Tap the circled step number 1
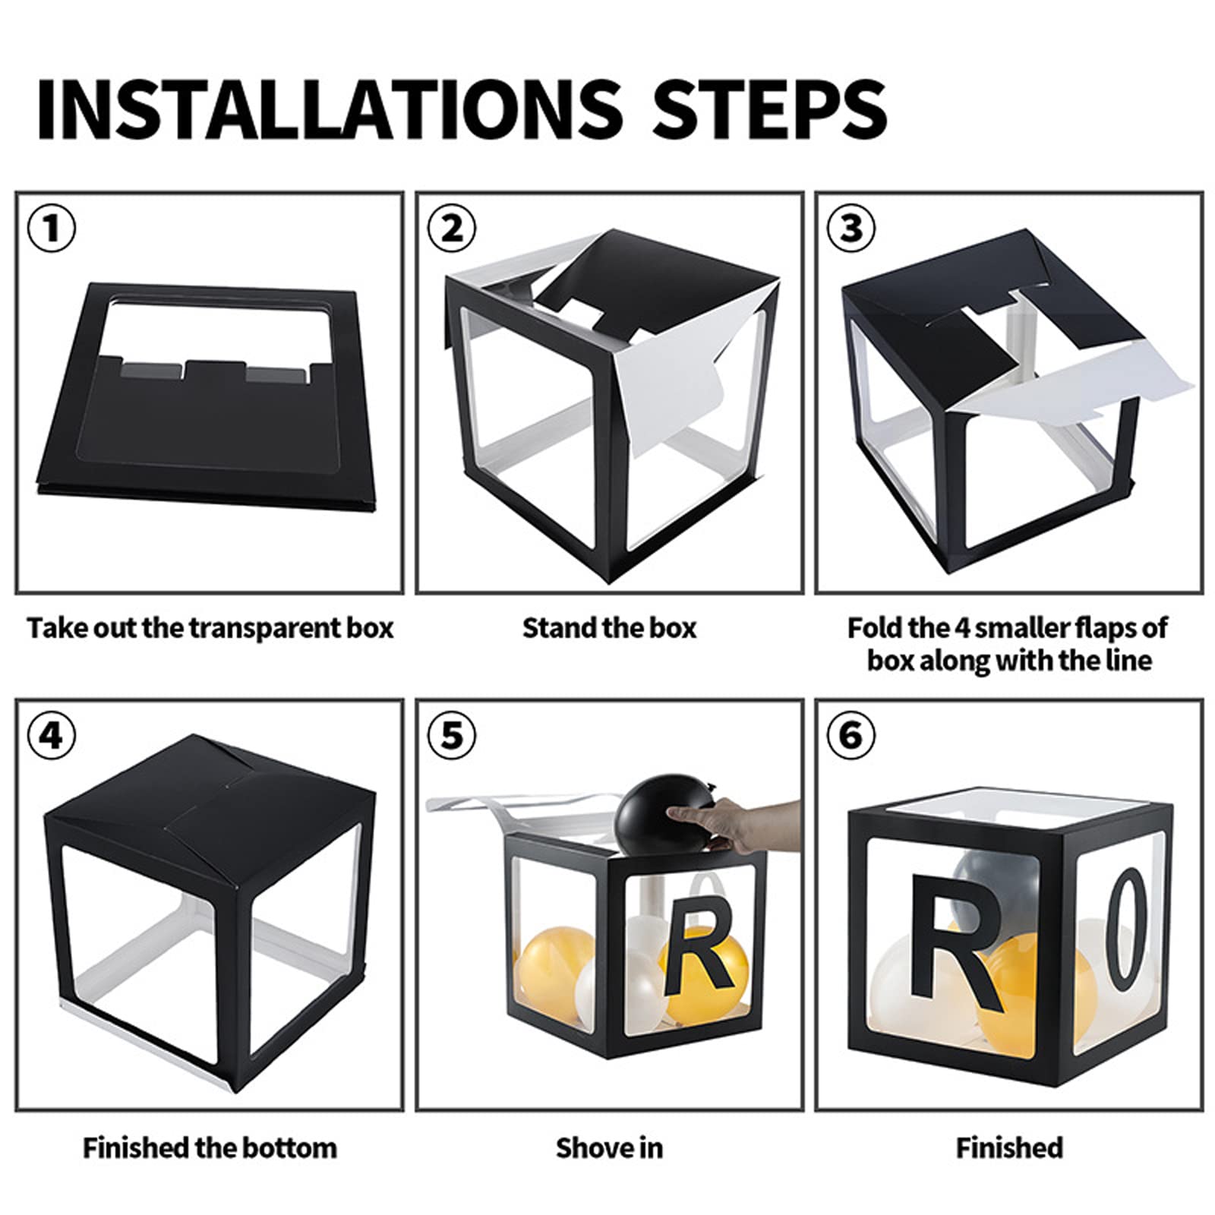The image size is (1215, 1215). point(52,228)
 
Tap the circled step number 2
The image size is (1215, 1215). point(452,228)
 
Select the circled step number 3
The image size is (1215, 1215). point(851,228)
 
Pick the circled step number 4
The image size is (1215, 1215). point(52,735)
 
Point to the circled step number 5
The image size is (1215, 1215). point(452,735)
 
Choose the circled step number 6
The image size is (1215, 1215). point(851,735)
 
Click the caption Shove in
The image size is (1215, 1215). point(609,1147)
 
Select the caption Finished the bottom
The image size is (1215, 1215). point(210,1147)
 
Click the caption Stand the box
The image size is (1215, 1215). point(609,628)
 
